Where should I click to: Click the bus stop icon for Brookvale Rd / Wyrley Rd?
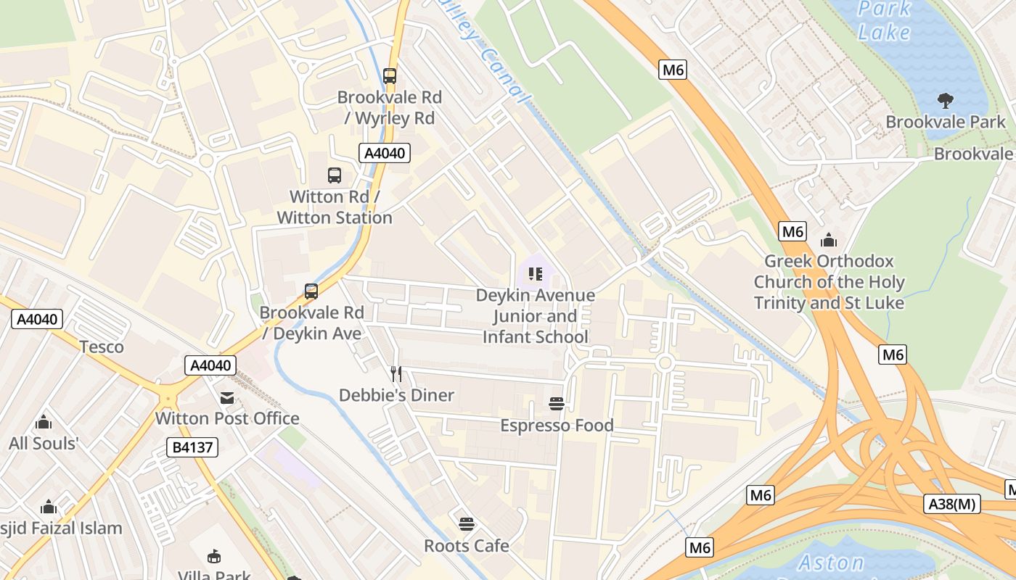(x=390, y=75)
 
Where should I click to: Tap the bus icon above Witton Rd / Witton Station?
(x=334, y=175)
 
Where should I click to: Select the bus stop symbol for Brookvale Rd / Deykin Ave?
(x=311, y=291)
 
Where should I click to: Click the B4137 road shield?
(x=192, y=447)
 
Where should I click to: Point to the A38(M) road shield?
(x=952, y=504)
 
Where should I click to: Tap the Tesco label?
(x=102, y=347)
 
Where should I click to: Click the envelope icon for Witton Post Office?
(x=227, y=397)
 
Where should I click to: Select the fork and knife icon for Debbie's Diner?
(x=396, y=374)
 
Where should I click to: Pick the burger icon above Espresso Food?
(x=557, y=404)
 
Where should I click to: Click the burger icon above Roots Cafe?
(x=467, y=523)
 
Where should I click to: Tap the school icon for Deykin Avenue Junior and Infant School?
(x=536, y=274)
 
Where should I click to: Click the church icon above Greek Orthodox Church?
(x=828, y=240)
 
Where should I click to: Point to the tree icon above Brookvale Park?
(x=945, y=100)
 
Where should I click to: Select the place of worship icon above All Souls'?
(x=44, y=421)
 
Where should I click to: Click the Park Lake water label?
(x=884, y=21)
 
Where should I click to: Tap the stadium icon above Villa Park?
(x=214, y=557)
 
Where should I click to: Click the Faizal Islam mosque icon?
(x=49, y=506)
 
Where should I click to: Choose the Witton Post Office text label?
(x=227, y=418)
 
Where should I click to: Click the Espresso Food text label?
(x=557, y=426)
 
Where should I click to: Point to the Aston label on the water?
(x=831, y=562)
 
